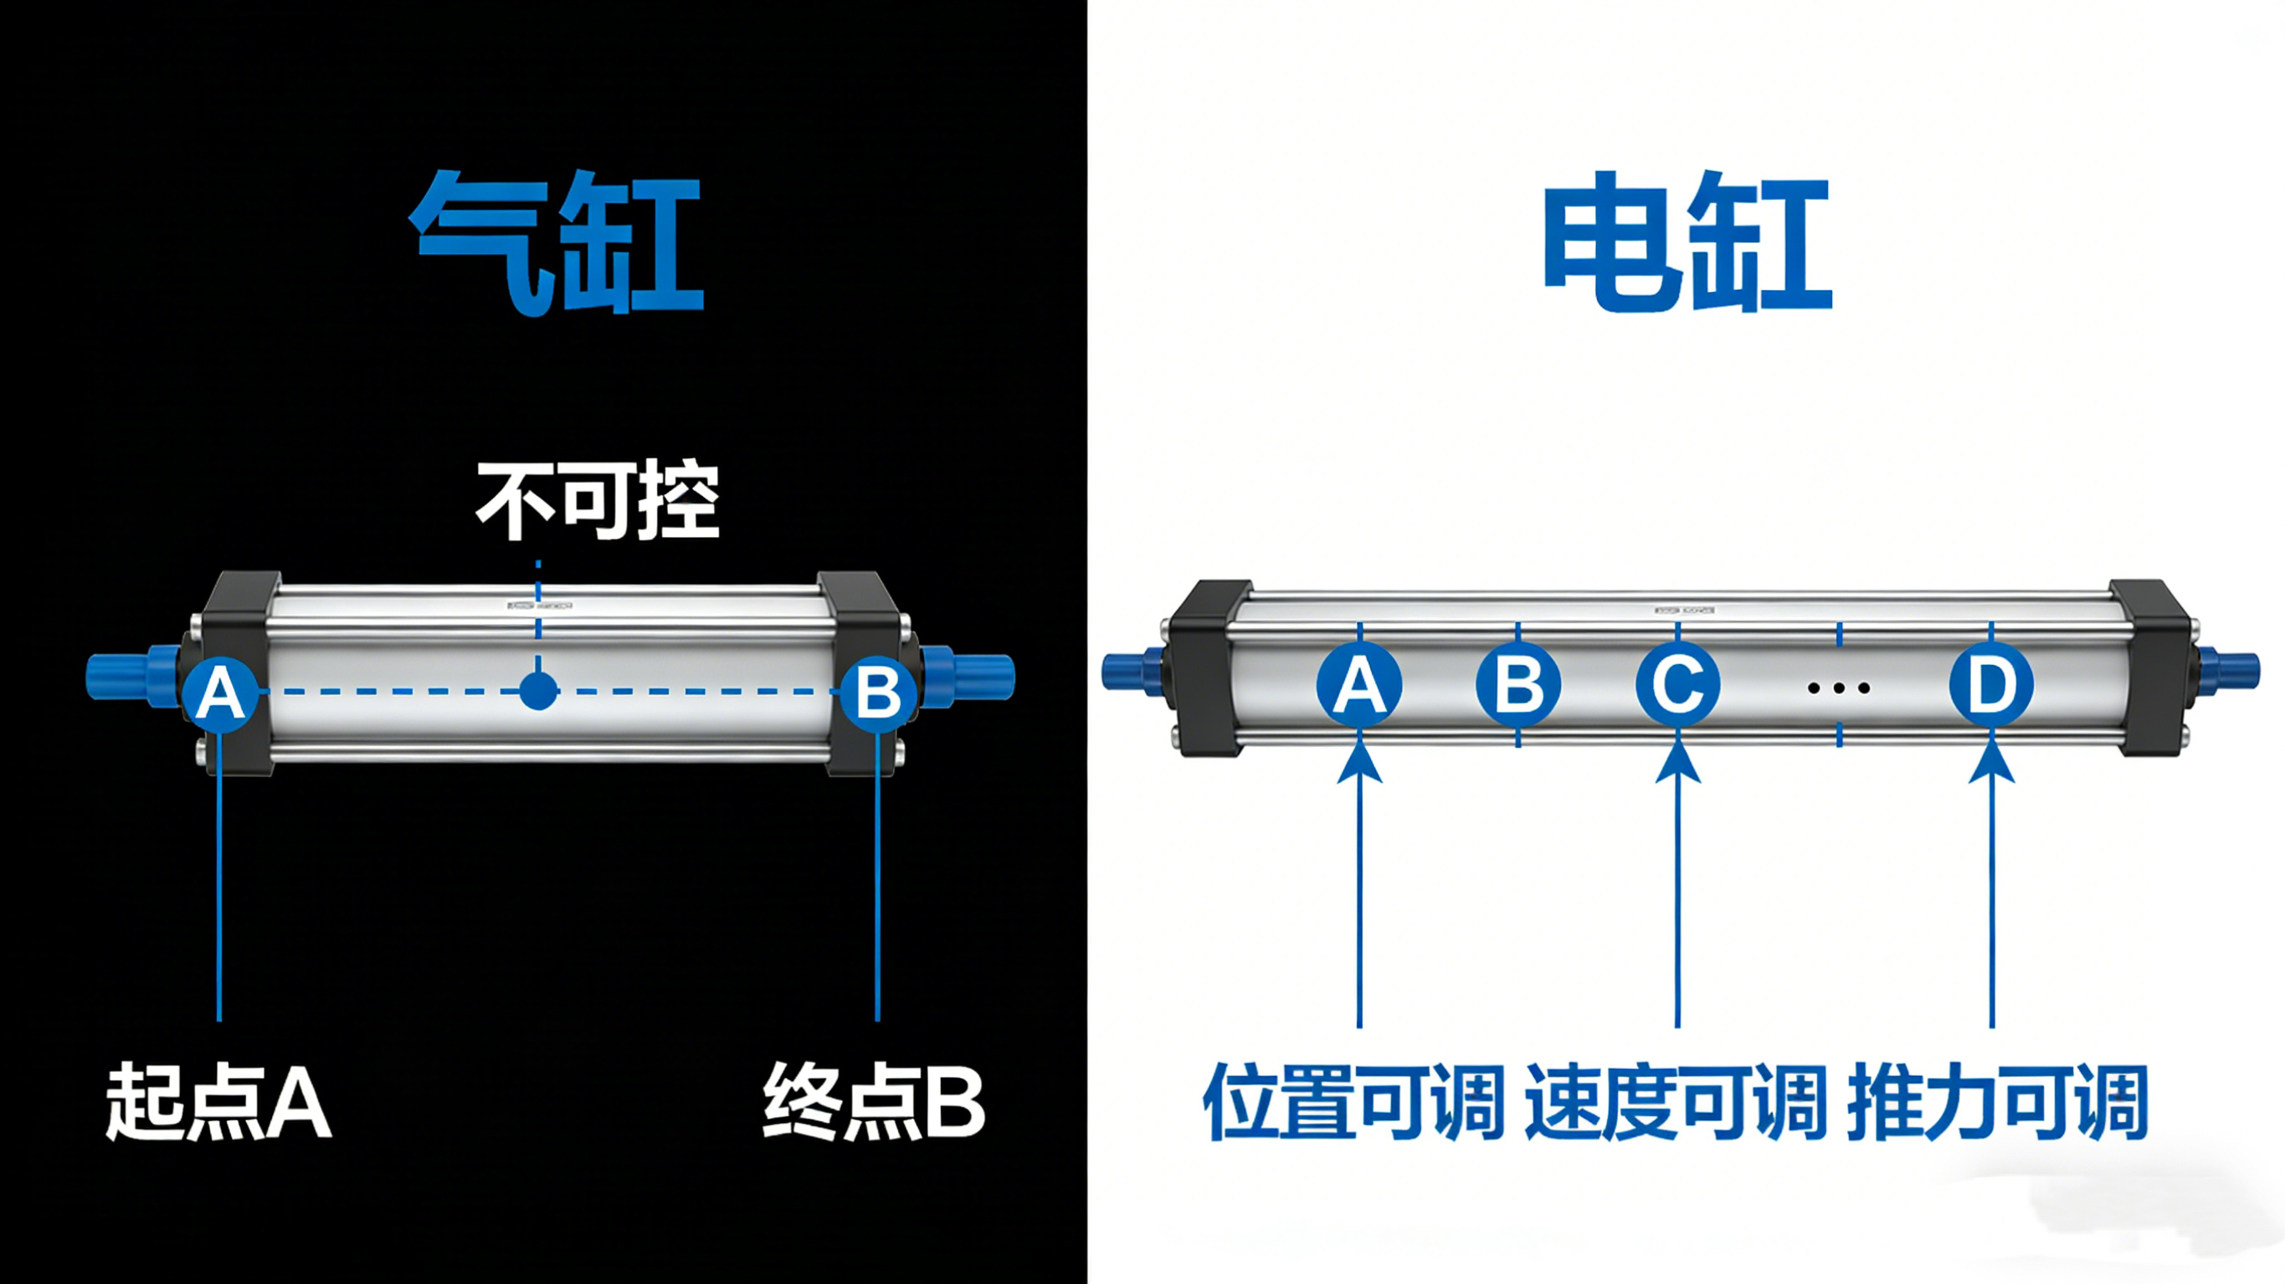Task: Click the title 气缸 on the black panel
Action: [556, 241]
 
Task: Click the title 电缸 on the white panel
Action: [1687, 241]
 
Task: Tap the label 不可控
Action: [597, 501]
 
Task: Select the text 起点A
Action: [218, 1102]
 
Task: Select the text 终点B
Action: [873, 1102]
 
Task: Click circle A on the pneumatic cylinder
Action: [220, 693]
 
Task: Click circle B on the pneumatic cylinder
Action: [877, 693]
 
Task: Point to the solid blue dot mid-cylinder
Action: [537, 691]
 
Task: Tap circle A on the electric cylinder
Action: [1359, 684]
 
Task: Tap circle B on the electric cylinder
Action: [1517, 684]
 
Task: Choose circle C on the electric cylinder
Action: [1677, 684]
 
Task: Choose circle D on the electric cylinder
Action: [1991, 684]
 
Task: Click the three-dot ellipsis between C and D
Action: [1839, 688]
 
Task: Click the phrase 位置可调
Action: [1353, 1102]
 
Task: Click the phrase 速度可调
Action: [1676, 1102]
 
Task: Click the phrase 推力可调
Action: [1997, 1102]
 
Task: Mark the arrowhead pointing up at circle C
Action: [1677, 763]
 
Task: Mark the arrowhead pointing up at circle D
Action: [1991, 763]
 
